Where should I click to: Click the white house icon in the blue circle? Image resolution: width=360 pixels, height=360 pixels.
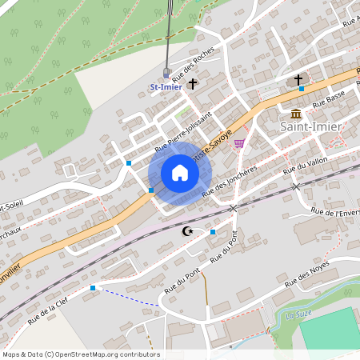179,173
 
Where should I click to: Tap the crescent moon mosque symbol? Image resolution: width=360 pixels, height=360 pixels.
188,231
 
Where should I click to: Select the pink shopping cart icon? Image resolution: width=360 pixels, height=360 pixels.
239,143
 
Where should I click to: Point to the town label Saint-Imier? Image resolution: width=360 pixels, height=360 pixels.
311,126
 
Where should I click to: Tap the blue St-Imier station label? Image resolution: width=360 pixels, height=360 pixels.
166,86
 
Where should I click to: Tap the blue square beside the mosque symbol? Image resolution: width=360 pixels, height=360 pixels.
213,232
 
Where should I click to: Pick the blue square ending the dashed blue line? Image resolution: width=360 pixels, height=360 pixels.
93,287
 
